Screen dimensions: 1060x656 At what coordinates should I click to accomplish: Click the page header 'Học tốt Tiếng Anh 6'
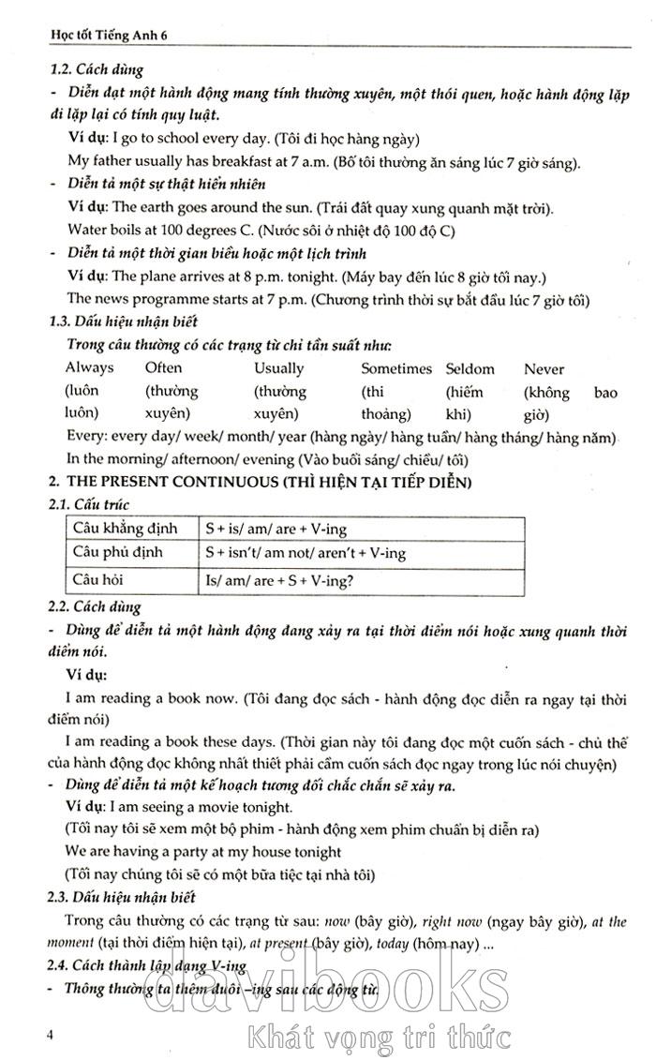(x=103, y=35)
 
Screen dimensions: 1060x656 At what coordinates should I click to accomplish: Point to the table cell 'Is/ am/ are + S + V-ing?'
(x=279, y=580)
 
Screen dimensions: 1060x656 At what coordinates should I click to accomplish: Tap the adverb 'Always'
(x=89, y=368)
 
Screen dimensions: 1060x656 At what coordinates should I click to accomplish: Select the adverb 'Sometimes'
(x=396, y=368)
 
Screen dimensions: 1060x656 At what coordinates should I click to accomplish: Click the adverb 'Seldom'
(x=470, y=368)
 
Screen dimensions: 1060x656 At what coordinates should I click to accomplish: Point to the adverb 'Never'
(x=544, y=368)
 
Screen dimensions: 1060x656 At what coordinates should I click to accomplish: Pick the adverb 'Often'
(x=164, y=368)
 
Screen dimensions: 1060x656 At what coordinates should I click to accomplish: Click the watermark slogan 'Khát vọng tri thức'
(x=377, y=1038)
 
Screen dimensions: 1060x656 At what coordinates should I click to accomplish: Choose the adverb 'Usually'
(x=278, y=368)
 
